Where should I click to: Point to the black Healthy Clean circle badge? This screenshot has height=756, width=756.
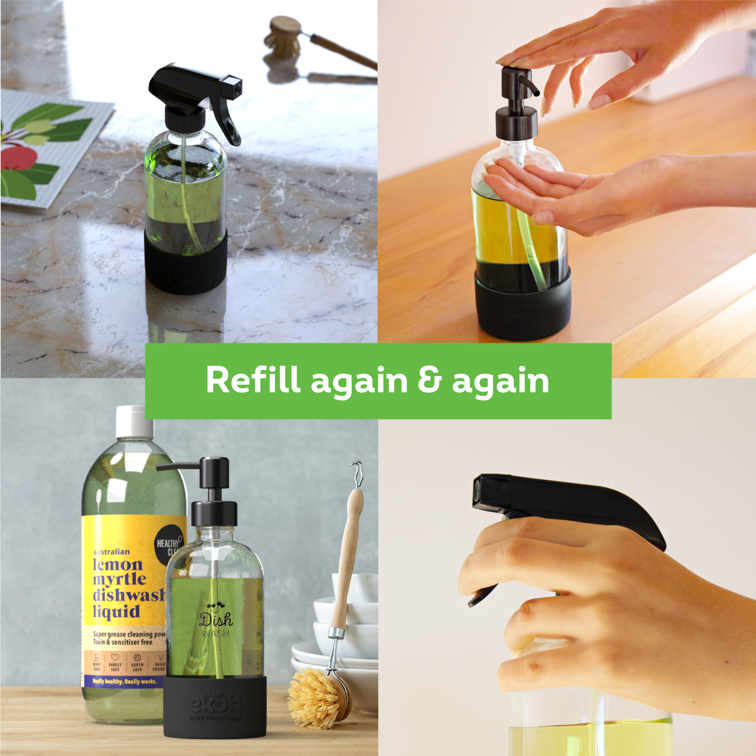point(169,544)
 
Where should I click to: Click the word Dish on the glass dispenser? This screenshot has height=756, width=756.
point(215,619)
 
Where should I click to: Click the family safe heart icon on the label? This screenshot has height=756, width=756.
point(114,658)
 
